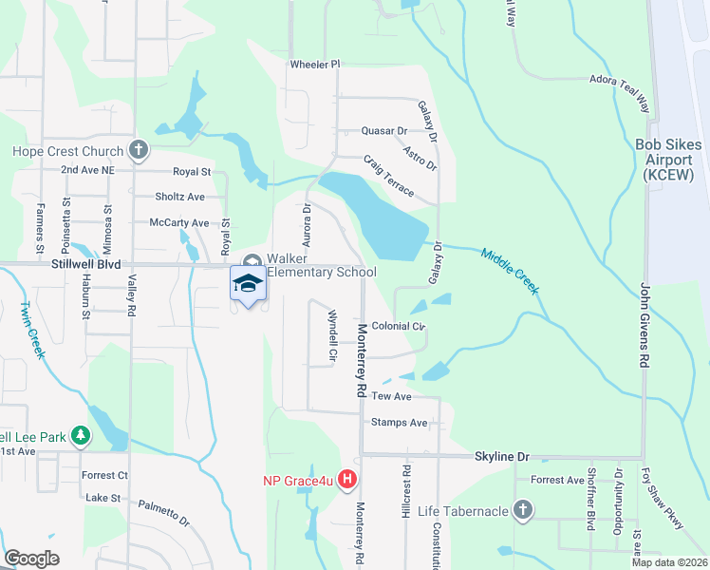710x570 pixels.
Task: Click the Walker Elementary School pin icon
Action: coord(248,284)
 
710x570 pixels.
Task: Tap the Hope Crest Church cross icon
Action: coord(139,150)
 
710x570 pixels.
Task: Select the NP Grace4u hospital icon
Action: coord(347,481)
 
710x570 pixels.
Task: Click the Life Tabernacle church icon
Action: coord(521,511)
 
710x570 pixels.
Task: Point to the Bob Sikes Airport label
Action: coord(670,160)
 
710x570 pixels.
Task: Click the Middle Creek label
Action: coord(510,271)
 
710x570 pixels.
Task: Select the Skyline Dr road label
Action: coord(501,457)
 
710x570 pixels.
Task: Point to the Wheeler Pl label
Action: coord(314,65)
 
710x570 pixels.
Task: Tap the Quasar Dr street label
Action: coord(383,131)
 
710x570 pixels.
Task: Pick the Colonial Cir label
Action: coord(398,326)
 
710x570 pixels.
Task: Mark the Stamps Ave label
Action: coord(400,422)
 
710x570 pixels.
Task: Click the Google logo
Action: coord(32,559)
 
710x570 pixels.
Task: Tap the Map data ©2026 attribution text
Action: coord(668,562)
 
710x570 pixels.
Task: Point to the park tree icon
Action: coord(82,435)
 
